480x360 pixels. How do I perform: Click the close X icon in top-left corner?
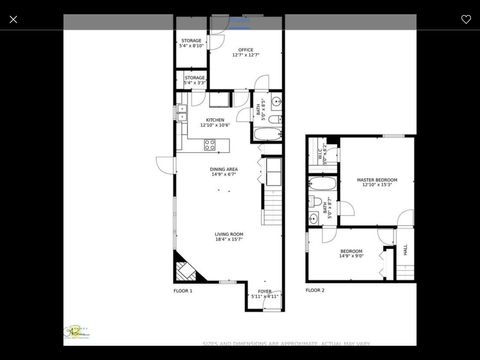pos(13,19)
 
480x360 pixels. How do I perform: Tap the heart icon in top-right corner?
pos(466,19)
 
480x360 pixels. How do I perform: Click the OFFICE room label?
pos(245,52)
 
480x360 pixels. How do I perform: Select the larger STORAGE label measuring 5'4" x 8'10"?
pos(191,43)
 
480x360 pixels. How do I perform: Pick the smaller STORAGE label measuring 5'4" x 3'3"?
pos(194,79)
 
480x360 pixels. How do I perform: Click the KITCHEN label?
pos(215,122)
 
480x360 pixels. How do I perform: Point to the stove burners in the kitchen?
pos(210,145)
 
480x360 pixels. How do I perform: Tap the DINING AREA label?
pos(223,172)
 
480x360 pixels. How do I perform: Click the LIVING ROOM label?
pos(229,236)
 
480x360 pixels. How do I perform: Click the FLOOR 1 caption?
pos(183,290)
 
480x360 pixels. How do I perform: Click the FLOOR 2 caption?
pos(315,290)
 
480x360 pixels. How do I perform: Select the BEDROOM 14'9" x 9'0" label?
pos(352,254)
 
